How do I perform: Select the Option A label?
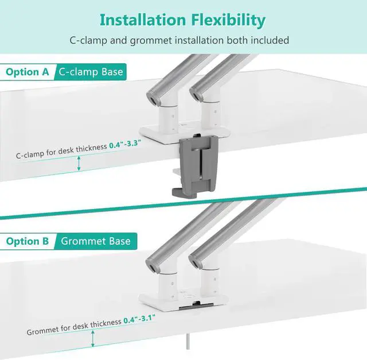click(27, 72)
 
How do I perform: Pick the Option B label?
click(27, 241)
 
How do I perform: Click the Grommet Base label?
click(96, 241)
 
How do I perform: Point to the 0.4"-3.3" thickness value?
click(125, 146)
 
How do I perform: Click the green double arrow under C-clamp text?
click(80, 164)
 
